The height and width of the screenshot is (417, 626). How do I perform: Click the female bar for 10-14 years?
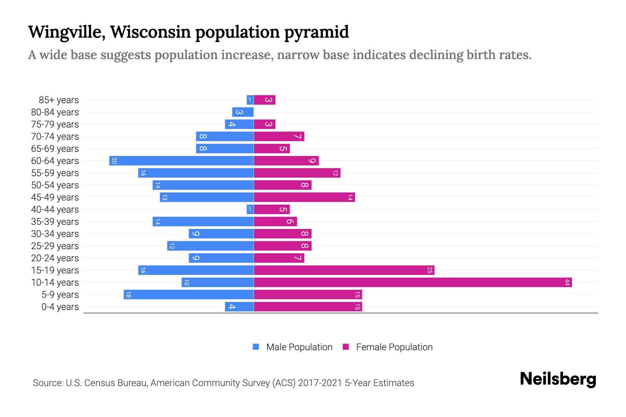point(413,283)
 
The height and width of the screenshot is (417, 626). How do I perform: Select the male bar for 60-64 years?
point(182,161)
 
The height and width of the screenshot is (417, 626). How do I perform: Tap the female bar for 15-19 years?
point(344,270)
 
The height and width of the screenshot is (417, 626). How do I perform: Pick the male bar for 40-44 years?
point(250,210)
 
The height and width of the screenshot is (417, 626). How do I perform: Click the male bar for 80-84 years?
point(243,112)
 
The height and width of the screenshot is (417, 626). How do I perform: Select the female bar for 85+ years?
point(265,100)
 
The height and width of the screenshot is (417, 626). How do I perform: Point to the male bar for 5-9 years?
point(188,295)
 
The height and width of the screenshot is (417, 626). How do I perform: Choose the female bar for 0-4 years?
point(308,307)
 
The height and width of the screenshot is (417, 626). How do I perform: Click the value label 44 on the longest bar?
point(567,283)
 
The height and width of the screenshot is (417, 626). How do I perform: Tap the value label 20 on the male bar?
point(114,161)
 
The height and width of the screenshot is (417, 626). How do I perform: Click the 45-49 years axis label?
point(55,197)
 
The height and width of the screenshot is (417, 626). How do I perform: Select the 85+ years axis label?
point(59,100)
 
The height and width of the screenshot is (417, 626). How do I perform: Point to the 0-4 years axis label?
point(60,307)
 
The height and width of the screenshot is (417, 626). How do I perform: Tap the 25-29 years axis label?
point(55,246)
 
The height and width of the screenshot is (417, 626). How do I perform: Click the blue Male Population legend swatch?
point(256,347)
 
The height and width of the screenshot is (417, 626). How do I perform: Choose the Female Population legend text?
point(394,347)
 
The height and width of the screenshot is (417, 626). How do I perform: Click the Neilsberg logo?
point(558,379)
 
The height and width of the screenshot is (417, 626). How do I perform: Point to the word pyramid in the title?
point(316,32)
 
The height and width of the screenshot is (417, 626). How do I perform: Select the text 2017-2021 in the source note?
point(320,383)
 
